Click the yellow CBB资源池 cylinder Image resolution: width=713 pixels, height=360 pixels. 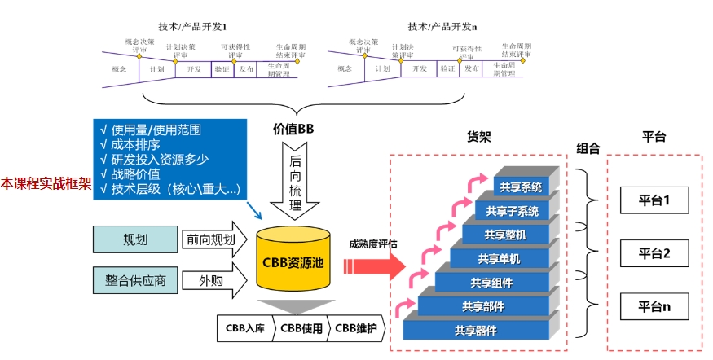[294, 260]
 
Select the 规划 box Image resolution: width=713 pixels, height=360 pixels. [135, 239]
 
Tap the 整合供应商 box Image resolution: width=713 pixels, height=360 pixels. [135, 282]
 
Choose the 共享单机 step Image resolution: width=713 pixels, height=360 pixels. [498, 259]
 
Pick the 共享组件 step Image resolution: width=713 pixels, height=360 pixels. [491, 283]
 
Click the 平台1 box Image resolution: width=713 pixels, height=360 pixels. [654, 198]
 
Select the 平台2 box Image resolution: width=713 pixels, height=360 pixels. [654, 253]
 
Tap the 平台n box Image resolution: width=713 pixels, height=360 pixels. [654, 307]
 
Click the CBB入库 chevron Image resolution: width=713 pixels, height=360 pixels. [245, 329]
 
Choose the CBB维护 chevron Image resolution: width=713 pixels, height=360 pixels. [356, 329]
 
